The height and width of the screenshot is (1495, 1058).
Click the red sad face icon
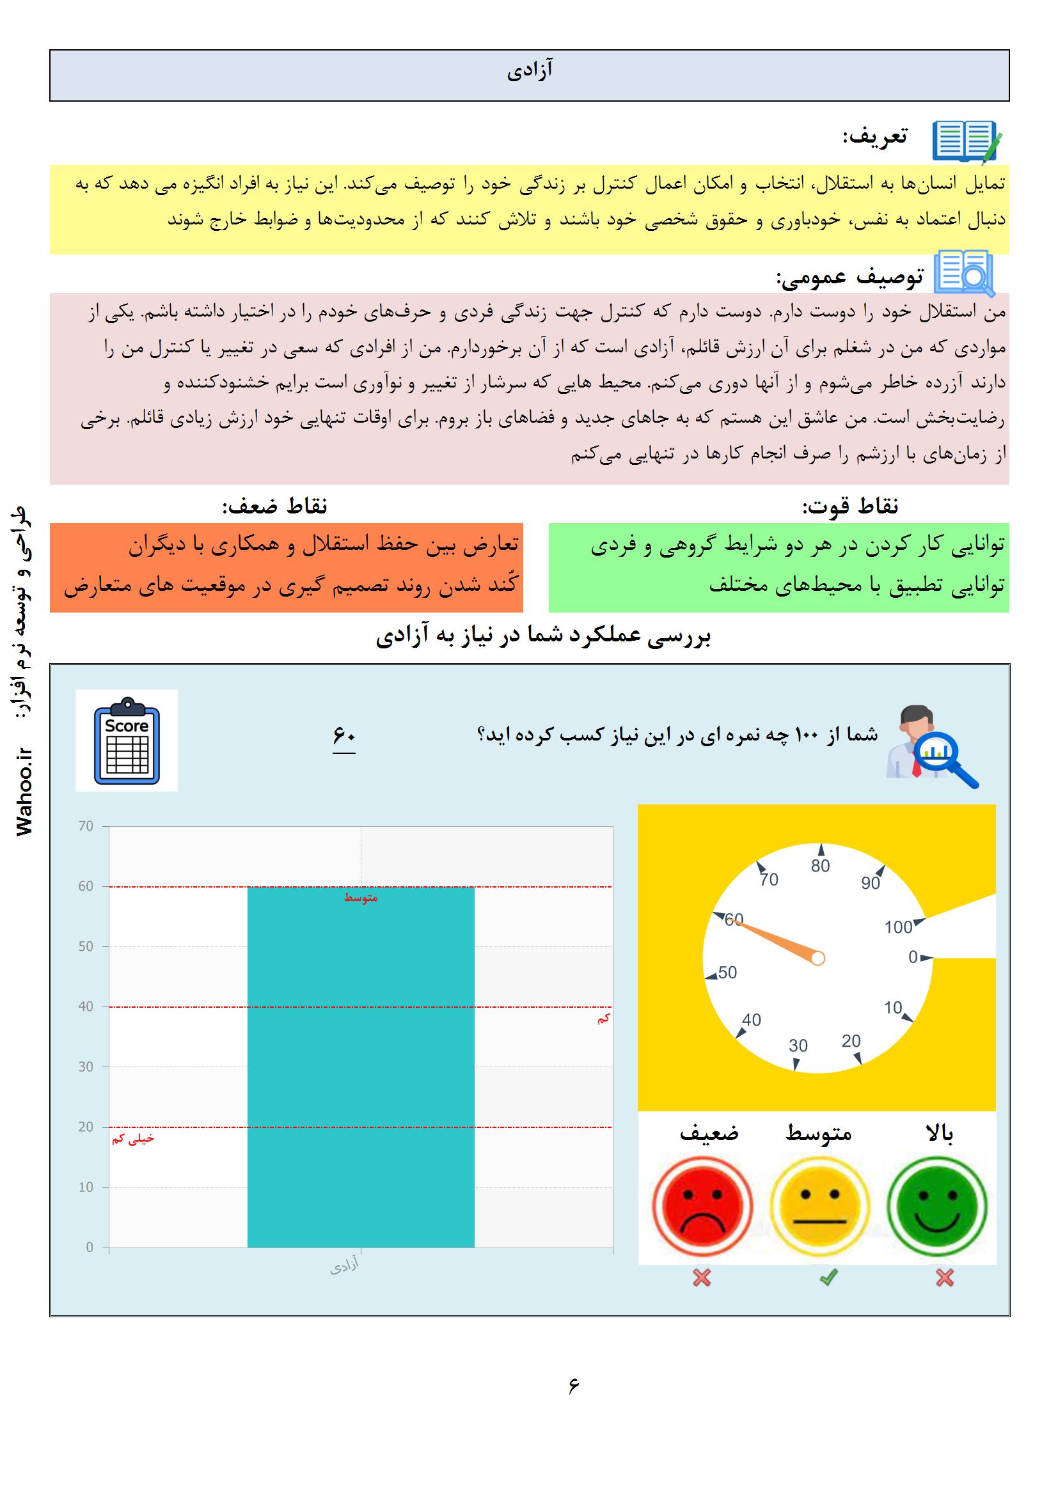coord(702,1206)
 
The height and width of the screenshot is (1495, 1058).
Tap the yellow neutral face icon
coord(819,1206)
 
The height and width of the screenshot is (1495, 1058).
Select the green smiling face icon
coord(937,1206)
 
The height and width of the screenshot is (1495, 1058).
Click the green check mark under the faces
coord(828,1278)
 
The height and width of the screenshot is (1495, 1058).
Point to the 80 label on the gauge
coord(820,865)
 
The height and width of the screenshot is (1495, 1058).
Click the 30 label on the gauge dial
coord(798,1045)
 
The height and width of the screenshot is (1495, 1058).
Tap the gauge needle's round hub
coord(818,958)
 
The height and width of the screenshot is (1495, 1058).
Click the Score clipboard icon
coord(127,740)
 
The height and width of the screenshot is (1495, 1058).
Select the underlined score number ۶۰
coord(344,736)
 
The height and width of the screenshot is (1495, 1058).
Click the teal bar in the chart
coord(361,1068)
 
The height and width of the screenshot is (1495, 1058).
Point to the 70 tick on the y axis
coord(86,826)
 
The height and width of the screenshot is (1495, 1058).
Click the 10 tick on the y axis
coord(86,1187)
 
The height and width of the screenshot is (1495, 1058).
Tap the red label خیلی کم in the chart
coord(133,1139)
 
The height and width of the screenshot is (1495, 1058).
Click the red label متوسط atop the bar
coord(361,898)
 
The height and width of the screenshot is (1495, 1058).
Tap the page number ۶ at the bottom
coord(573,1385)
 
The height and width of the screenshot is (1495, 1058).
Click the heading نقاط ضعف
coord(274,506)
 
